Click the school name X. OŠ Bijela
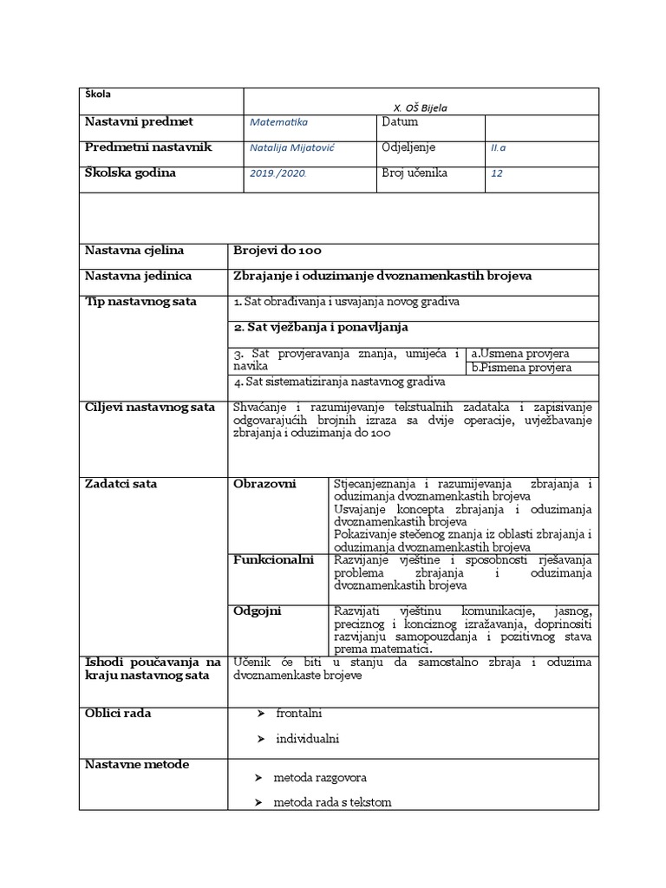(421, 108)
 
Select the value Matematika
(272, 123)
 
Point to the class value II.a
(498, 148)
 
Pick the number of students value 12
(496, 173)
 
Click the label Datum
(400, 122)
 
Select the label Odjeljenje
(408, 147)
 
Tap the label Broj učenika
(415, 173)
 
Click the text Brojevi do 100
(277, 251)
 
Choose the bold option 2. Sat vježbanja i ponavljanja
(321, 328)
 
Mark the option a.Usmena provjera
(519, 354)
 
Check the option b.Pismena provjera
(521, 368)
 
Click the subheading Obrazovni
(264, 483)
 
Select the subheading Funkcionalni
(273, 560)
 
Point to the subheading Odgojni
(258, 611)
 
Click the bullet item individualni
(307, 739)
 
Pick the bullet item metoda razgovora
(320, 779)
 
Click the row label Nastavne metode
(137, 764)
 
